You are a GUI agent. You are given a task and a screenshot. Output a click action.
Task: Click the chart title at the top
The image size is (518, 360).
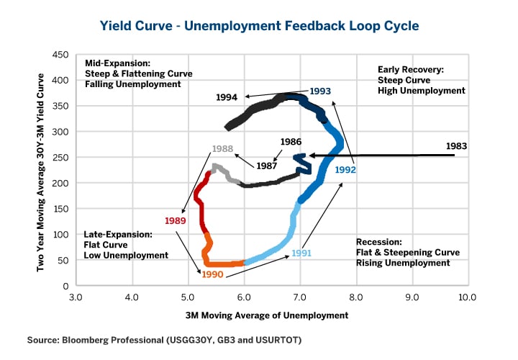(x=259, y=25)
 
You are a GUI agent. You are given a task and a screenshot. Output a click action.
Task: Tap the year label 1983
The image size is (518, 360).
(x=456, y=145)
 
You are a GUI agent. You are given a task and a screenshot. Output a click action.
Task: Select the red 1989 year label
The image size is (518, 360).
(x=175, y=220)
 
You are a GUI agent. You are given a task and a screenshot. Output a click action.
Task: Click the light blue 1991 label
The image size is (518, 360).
(x=302, y=253)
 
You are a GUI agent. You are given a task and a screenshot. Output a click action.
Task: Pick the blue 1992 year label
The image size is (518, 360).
(x=345, y=171)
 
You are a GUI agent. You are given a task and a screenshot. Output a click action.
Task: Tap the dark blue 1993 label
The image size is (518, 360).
(x=320, y=91)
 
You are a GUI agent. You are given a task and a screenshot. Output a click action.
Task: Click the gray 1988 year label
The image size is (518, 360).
(x=223, y=148)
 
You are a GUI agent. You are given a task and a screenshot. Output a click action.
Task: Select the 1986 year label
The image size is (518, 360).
(x=291, y=142)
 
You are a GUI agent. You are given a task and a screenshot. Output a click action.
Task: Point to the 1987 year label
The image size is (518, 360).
(x=268, y=166)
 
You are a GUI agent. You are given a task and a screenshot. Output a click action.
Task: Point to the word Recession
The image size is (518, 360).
(x=378, y=243)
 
